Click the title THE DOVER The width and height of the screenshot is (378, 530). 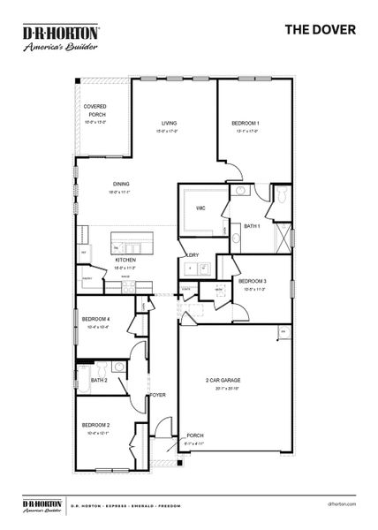320,29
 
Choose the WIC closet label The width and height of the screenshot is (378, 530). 200,208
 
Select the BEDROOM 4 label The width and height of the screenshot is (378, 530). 95,321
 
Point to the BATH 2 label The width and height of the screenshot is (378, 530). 99,381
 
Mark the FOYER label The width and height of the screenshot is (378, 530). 158,395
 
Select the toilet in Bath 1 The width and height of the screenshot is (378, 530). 280,196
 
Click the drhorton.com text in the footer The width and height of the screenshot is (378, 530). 339,504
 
